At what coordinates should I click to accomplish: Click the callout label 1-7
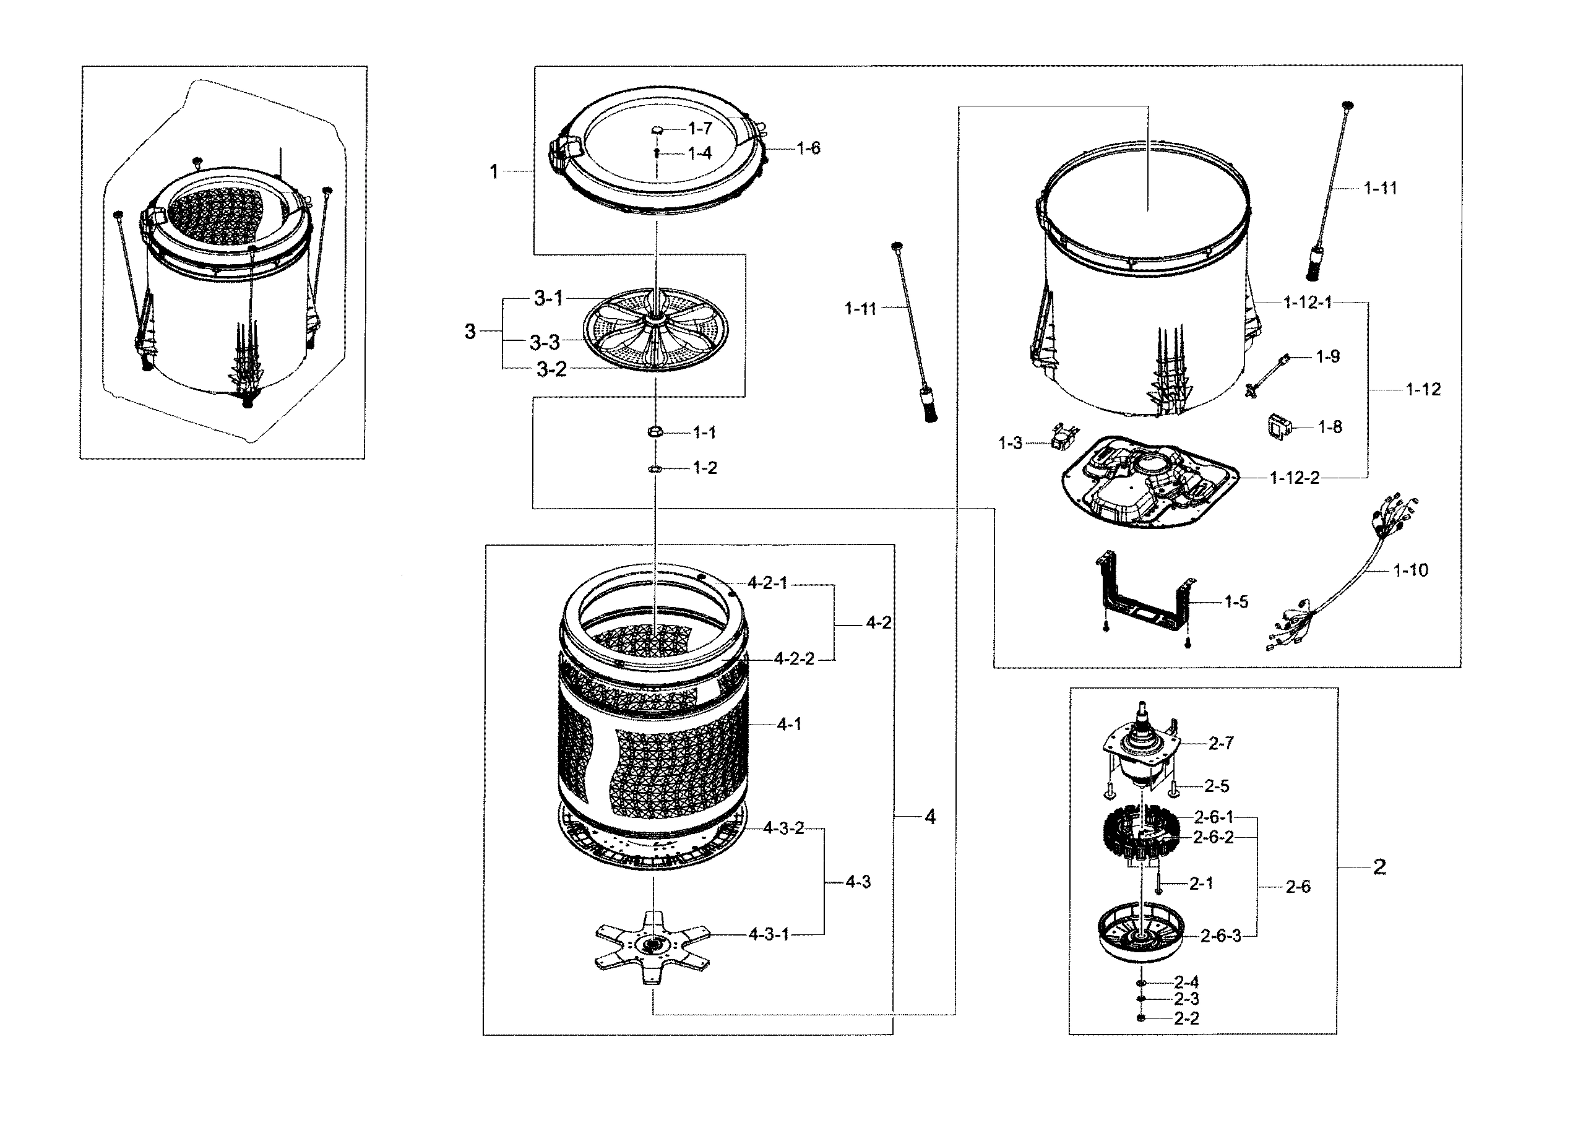pos(700,129)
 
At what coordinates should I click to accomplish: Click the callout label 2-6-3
pos(1220,936)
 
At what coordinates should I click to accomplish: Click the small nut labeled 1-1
pos(654,432)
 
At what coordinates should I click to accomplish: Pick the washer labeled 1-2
pos(654,469)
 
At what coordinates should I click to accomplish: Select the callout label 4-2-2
pos(794,659)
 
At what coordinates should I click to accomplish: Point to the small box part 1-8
pos(1277,426)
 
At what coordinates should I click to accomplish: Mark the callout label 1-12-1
pos(1308,303)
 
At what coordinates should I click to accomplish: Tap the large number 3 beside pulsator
pos(470,332)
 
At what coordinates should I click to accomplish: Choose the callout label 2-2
pos(1186,1018)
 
